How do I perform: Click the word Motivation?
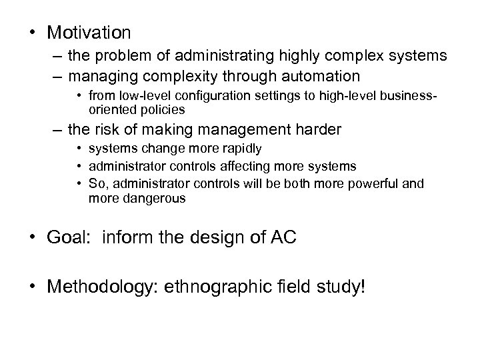coord(89,32)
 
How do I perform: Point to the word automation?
coord(321,76)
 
